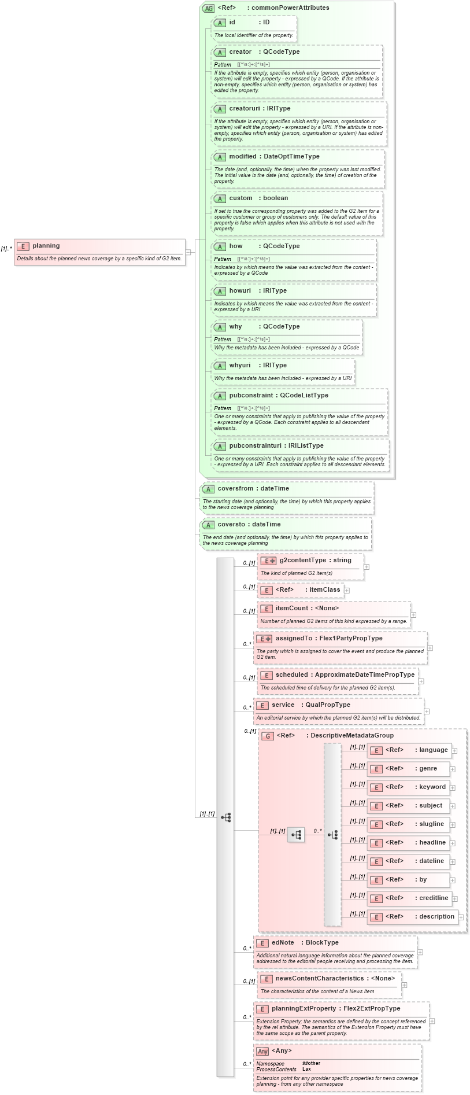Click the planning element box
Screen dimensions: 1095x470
click(x=99, y=252)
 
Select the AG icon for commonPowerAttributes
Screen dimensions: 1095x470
click(x=208, y=8)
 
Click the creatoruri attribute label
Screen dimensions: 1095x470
click(x=243, y=109)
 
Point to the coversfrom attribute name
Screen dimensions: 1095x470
click(x=236, y=489)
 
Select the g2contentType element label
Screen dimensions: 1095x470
click(x=303, y=561)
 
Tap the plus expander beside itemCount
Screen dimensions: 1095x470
click(x=413, y=615)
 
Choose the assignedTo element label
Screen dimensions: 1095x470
click(x=294, y=639)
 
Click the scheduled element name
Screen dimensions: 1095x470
click(x=291, y=675)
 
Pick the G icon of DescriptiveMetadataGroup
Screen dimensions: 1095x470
click(x=268, y=736)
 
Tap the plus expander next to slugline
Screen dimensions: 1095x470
click(x=453, y=825)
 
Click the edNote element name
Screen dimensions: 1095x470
click(x=283, y=943)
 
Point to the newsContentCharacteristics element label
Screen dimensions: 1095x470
click(x=320, y=979)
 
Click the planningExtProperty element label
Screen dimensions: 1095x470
click(x=304, y=1009)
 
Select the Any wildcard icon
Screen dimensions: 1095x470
click(x=262, y=1051)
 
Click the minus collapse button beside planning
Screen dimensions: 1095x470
click(x=188, y=252)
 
